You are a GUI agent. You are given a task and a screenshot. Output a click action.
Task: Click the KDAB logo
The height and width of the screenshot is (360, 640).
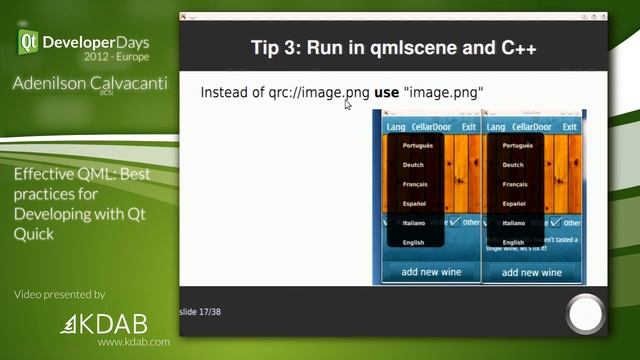point(105,324)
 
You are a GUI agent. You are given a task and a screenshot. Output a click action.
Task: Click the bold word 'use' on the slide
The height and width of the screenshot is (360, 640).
point(386,92)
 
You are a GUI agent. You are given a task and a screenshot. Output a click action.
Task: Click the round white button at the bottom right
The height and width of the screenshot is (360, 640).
point(585,314)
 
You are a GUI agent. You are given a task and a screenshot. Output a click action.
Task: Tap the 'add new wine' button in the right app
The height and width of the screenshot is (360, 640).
point(532,272)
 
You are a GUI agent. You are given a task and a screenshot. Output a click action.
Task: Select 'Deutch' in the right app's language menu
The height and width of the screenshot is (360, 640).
point(513,164)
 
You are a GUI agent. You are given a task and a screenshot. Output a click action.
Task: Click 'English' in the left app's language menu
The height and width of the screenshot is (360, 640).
point(413,242)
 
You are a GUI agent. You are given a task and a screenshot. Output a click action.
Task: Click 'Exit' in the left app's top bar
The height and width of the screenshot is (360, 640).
point(469,127)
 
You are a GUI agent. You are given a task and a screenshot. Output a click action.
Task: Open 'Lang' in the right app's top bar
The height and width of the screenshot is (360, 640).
point(496,127)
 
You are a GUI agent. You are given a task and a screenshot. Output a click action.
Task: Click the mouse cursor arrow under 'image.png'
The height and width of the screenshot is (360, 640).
point(348,104)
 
